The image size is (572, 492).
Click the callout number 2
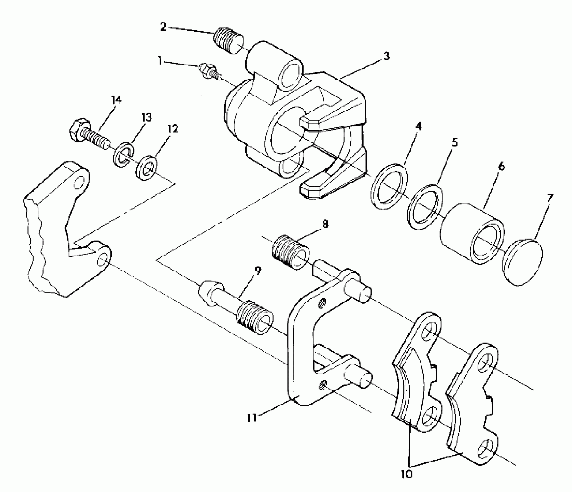(x=163, y=27)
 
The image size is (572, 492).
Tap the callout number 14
(x=116, y=100)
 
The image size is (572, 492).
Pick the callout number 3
(x=387, y=56)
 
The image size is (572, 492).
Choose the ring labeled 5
(x=425, y=207)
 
